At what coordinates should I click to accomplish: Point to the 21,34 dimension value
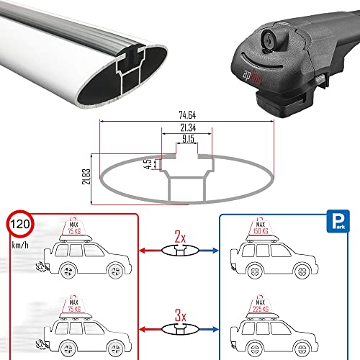186,128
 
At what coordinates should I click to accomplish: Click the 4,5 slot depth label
146,163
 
